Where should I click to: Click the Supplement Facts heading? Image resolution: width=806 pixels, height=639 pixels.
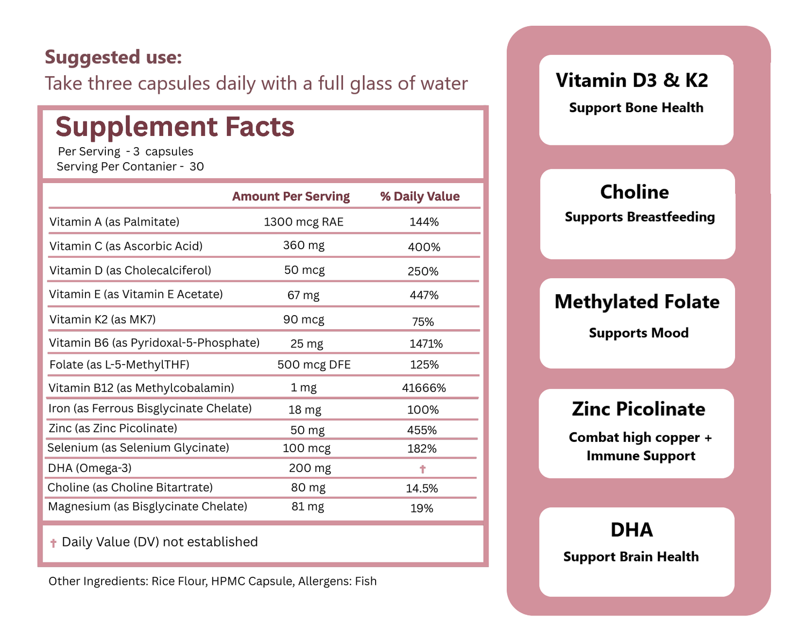click(x=175, y=127)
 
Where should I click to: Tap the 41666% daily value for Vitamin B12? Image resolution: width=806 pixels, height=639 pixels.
click(x=424, y=388)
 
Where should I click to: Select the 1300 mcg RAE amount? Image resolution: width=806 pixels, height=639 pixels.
click(x=304, y=222)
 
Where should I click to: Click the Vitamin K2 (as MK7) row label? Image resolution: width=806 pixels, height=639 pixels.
click(x=102, y=319)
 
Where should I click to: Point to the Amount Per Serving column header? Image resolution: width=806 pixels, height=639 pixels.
click(x=291, y=197)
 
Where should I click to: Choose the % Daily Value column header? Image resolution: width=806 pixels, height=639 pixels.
click(x=420, y=197)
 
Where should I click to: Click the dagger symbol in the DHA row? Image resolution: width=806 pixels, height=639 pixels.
click(x=422, y=469)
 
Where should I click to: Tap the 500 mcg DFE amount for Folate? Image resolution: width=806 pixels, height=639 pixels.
click(x=314, y=365)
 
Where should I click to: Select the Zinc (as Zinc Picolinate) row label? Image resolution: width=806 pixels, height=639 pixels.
click(x=112, y=429)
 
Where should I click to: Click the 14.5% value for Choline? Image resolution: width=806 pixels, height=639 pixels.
click(x=422, y=489)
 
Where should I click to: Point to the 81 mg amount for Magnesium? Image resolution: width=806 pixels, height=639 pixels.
click(x=307, y=506)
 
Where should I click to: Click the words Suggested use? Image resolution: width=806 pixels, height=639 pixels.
click(x=113, y=57)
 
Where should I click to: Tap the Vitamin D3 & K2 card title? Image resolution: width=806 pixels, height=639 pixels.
click(x=632, y=81)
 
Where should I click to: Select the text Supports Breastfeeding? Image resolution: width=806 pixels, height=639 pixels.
click(x=639, y=217)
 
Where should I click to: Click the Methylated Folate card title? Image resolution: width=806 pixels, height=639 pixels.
click(x=637, y=302)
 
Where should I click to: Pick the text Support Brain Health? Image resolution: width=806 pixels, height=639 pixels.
click(x=631, y=557)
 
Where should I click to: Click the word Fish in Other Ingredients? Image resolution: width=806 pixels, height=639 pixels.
click(x=365, y=581)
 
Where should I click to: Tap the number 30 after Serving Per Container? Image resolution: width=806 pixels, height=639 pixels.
click(x=197, y=166)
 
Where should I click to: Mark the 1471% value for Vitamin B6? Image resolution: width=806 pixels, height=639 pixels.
click(x=426, y=344)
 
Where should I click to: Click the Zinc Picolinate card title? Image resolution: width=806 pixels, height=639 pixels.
click(x=638, y=409)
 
